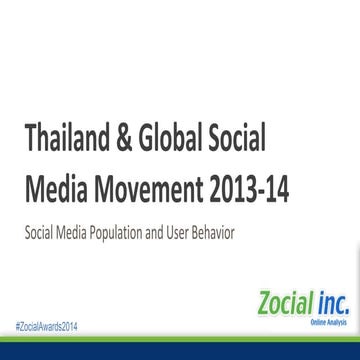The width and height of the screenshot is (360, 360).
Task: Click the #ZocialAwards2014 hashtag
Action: (x=45, y=327)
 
